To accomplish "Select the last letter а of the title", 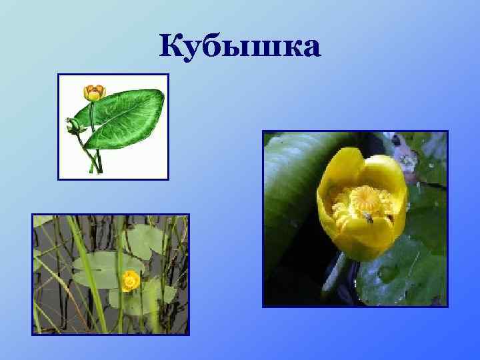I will click(308, 48).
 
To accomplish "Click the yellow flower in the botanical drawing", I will click(94, 92).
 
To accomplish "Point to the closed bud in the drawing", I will click(72, 124).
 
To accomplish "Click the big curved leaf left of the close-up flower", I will click(290, 193).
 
